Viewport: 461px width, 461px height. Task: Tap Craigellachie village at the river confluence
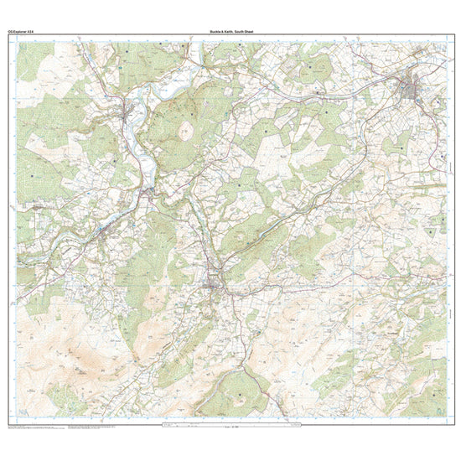[149, 194]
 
